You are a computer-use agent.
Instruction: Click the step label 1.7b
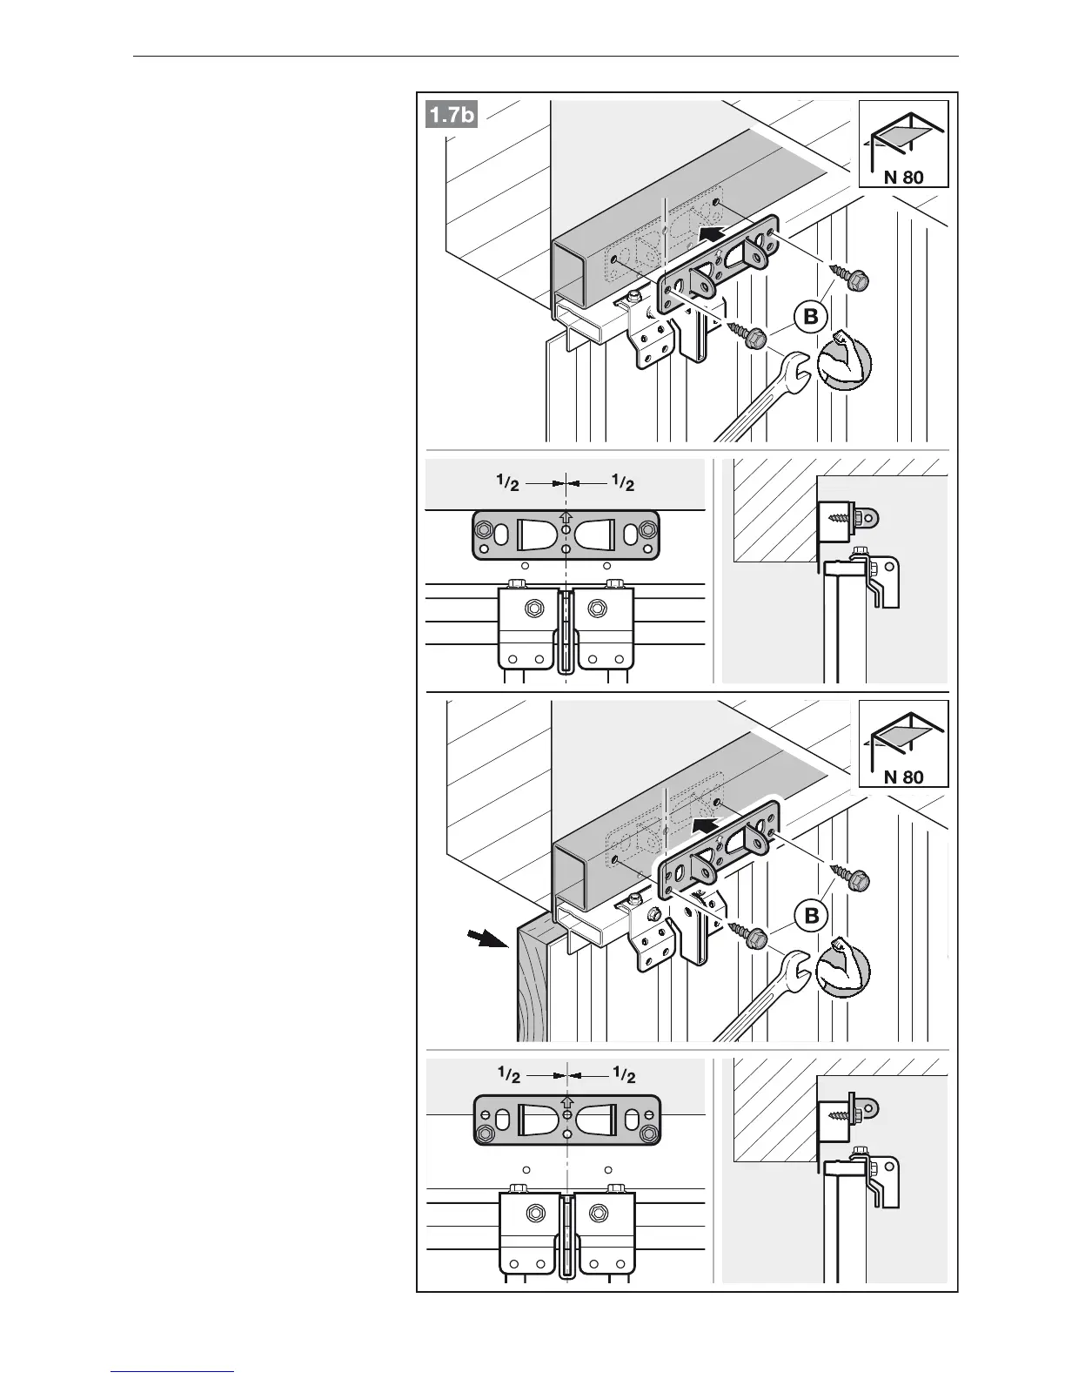tap(452, 115)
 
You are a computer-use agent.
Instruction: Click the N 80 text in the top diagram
tap(903, 178)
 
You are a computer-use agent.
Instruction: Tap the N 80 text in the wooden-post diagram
tap(903, 777)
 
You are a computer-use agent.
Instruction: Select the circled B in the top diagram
tap(811, 317)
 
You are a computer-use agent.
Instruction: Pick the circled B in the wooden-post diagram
tap(811, 916)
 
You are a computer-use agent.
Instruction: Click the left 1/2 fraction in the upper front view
tap(508, 481)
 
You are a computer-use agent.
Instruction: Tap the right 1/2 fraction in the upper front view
tap(623, 481)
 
